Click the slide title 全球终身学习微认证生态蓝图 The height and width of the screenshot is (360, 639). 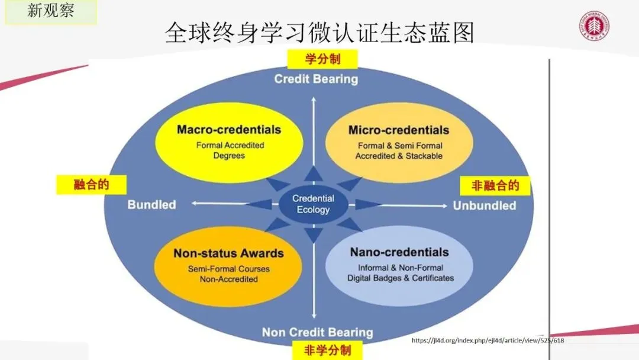(319, 33)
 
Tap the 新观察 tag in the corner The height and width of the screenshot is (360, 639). (50, 11)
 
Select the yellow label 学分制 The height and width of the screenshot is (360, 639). (322, 59)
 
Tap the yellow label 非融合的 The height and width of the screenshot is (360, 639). (495, 186)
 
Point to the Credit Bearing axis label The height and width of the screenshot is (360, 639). (316, 79)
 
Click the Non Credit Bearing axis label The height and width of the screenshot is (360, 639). (317, 332)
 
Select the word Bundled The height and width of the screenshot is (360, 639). (151, 205)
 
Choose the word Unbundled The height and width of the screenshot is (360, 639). (485, 205)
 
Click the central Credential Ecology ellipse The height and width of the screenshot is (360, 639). (314, 204)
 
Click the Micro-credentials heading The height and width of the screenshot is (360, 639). (399, 130)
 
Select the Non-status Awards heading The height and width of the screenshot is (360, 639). (228, 253)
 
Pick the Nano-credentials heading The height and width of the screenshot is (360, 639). (399, 253)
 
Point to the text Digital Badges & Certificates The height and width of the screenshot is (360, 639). (401, 278)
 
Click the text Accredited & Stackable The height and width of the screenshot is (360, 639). (399, 156)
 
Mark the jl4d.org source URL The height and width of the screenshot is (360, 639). (487, 341)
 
